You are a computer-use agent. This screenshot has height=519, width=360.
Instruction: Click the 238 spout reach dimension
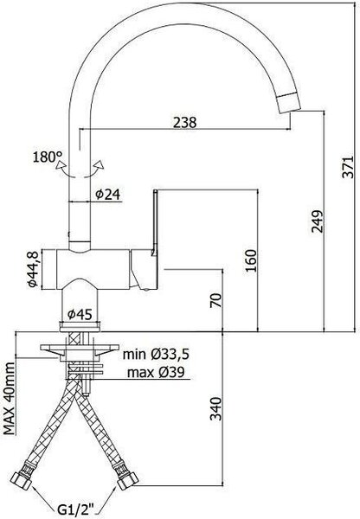[185, 122]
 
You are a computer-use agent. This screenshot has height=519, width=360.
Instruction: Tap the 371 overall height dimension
[348, 166]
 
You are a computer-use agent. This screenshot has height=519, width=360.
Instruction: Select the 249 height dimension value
[317, 221]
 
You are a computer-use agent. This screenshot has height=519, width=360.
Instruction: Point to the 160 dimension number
[251, 260]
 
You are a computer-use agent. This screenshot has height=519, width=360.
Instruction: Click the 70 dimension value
[215, 300]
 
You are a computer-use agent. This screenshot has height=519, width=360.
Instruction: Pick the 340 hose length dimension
[215, 408]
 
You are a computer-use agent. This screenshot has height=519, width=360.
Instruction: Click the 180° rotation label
[48, 157]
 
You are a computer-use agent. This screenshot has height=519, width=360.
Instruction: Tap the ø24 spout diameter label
[107, 195]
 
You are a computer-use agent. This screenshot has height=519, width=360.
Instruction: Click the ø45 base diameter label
[80, 314]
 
